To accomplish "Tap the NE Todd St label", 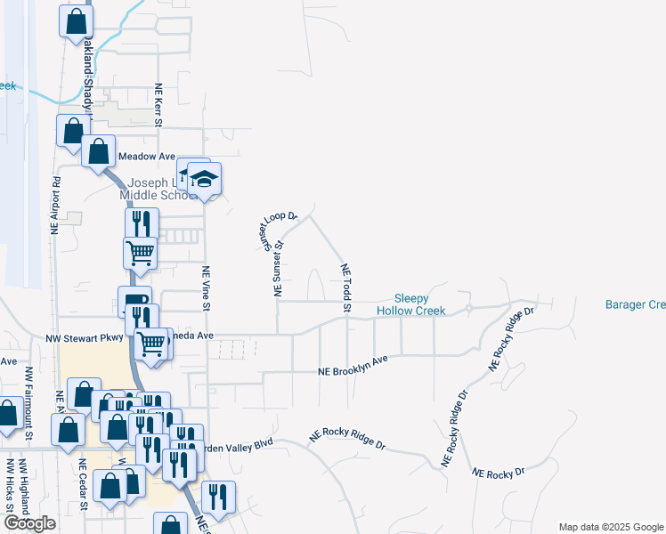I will [345, 287].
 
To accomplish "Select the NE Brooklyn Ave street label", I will [354, 366].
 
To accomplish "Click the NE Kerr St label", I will [159, 105].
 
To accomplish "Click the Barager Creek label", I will [635, 304].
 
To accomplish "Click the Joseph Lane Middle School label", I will [156, 189].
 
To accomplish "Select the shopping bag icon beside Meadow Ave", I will [98, 151].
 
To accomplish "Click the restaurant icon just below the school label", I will [141, 223].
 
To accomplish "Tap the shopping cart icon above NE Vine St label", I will [140, 253].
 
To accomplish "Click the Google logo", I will [29, 523].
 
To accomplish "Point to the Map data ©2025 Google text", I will [610, 527].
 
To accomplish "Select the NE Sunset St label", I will [278, 268].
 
